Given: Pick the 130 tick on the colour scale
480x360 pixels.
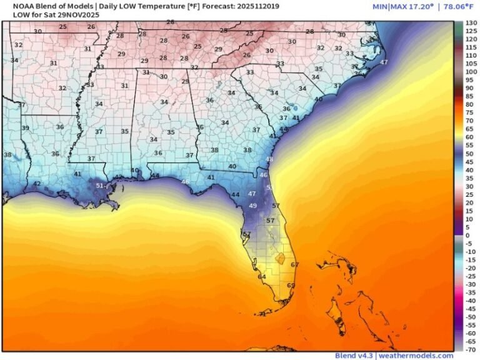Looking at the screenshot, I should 471,22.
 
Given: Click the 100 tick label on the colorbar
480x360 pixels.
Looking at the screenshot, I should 471,72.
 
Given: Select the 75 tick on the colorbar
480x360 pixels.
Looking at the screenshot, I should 470,112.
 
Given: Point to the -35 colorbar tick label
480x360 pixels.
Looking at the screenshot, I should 470,292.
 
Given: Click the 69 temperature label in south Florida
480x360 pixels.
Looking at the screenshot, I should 291,286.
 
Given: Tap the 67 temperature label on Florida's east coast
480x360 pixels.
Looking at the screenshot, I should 295,265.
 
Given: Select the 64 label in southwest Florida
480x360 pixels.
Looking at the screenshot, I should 262,276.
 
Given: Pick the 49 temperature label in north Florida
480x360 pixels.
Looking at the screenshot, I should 253,206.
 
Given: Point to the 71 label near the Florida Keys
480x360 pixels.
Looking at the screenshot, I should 263,314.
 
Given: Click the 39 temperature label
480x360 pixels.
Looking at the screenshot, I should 26,128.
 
